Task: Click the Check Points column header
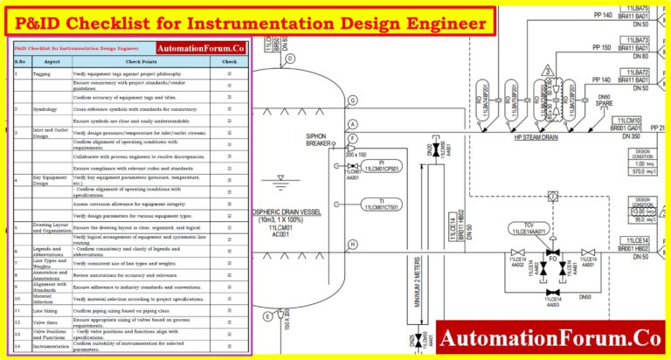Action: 143,62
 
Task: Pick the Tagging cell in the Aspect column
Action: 41,74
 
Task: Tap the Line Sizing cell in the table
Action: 46,310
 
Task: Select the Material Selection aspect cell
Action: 45,298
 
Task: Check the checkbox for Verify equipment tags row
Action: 229,74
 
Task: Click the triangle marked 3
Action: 546,69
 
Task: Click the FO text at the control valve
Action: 551,260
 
